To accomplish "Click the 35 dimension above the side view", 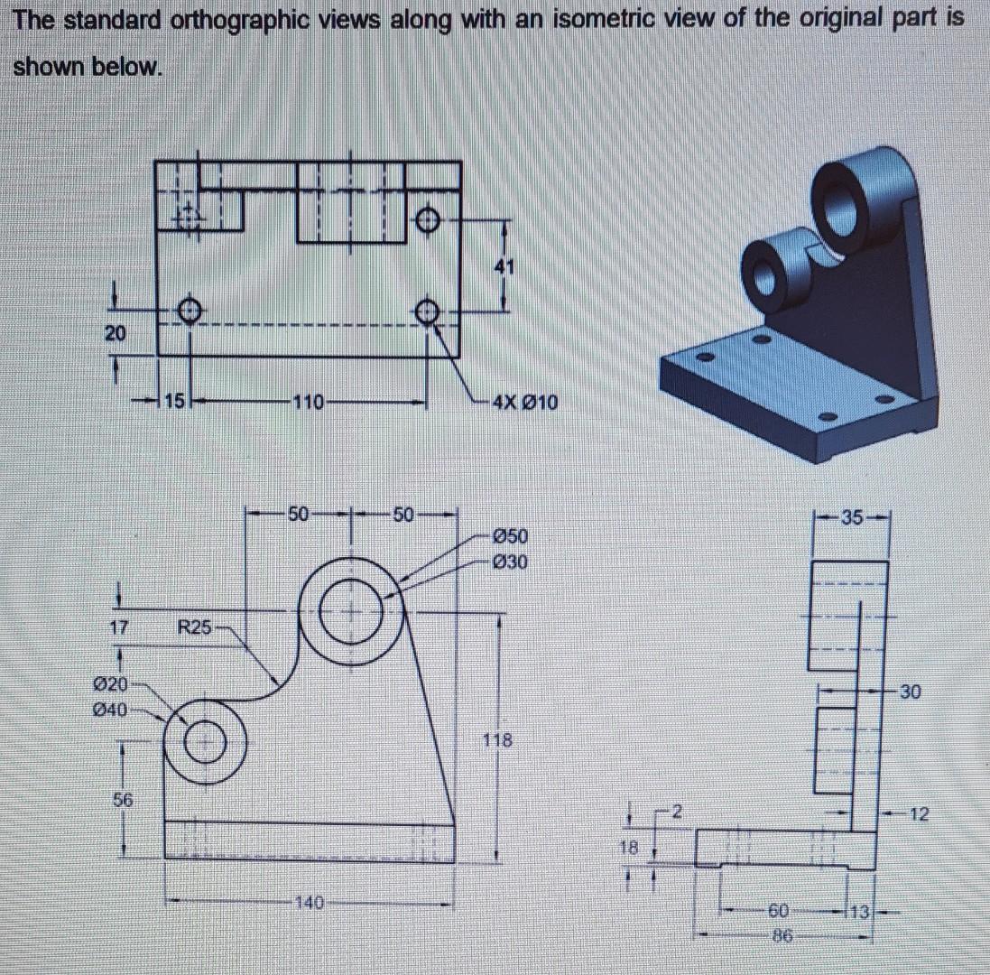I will pos(851,518).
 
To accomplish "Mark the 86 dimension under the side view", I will pos(782,938).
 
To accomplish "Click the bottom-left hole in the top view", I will pos(189,310).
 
